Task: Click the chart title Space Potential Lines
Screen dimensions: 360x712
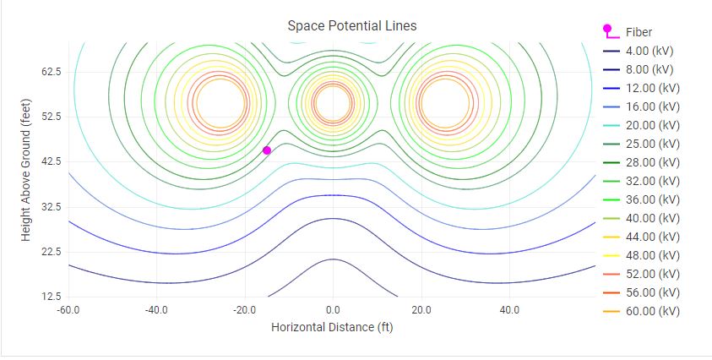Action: [x=351, y=25]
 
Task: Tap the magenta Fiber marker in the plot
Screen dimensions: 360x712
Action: [x=267, y=150]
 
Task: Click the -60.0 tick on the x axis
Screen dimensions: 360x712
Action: [x=68, y=310]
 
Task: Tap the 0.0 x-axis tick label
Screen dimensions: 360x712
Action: [x=333, y=310]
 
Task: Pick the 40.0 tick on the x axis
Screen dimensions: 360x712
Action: [x=509, y=310]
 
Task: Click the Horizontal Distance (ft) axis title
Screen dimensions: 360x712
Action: [x=332, y=326]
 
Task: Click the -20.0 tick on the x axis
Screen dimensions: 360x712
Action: [x=244, y=310]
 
